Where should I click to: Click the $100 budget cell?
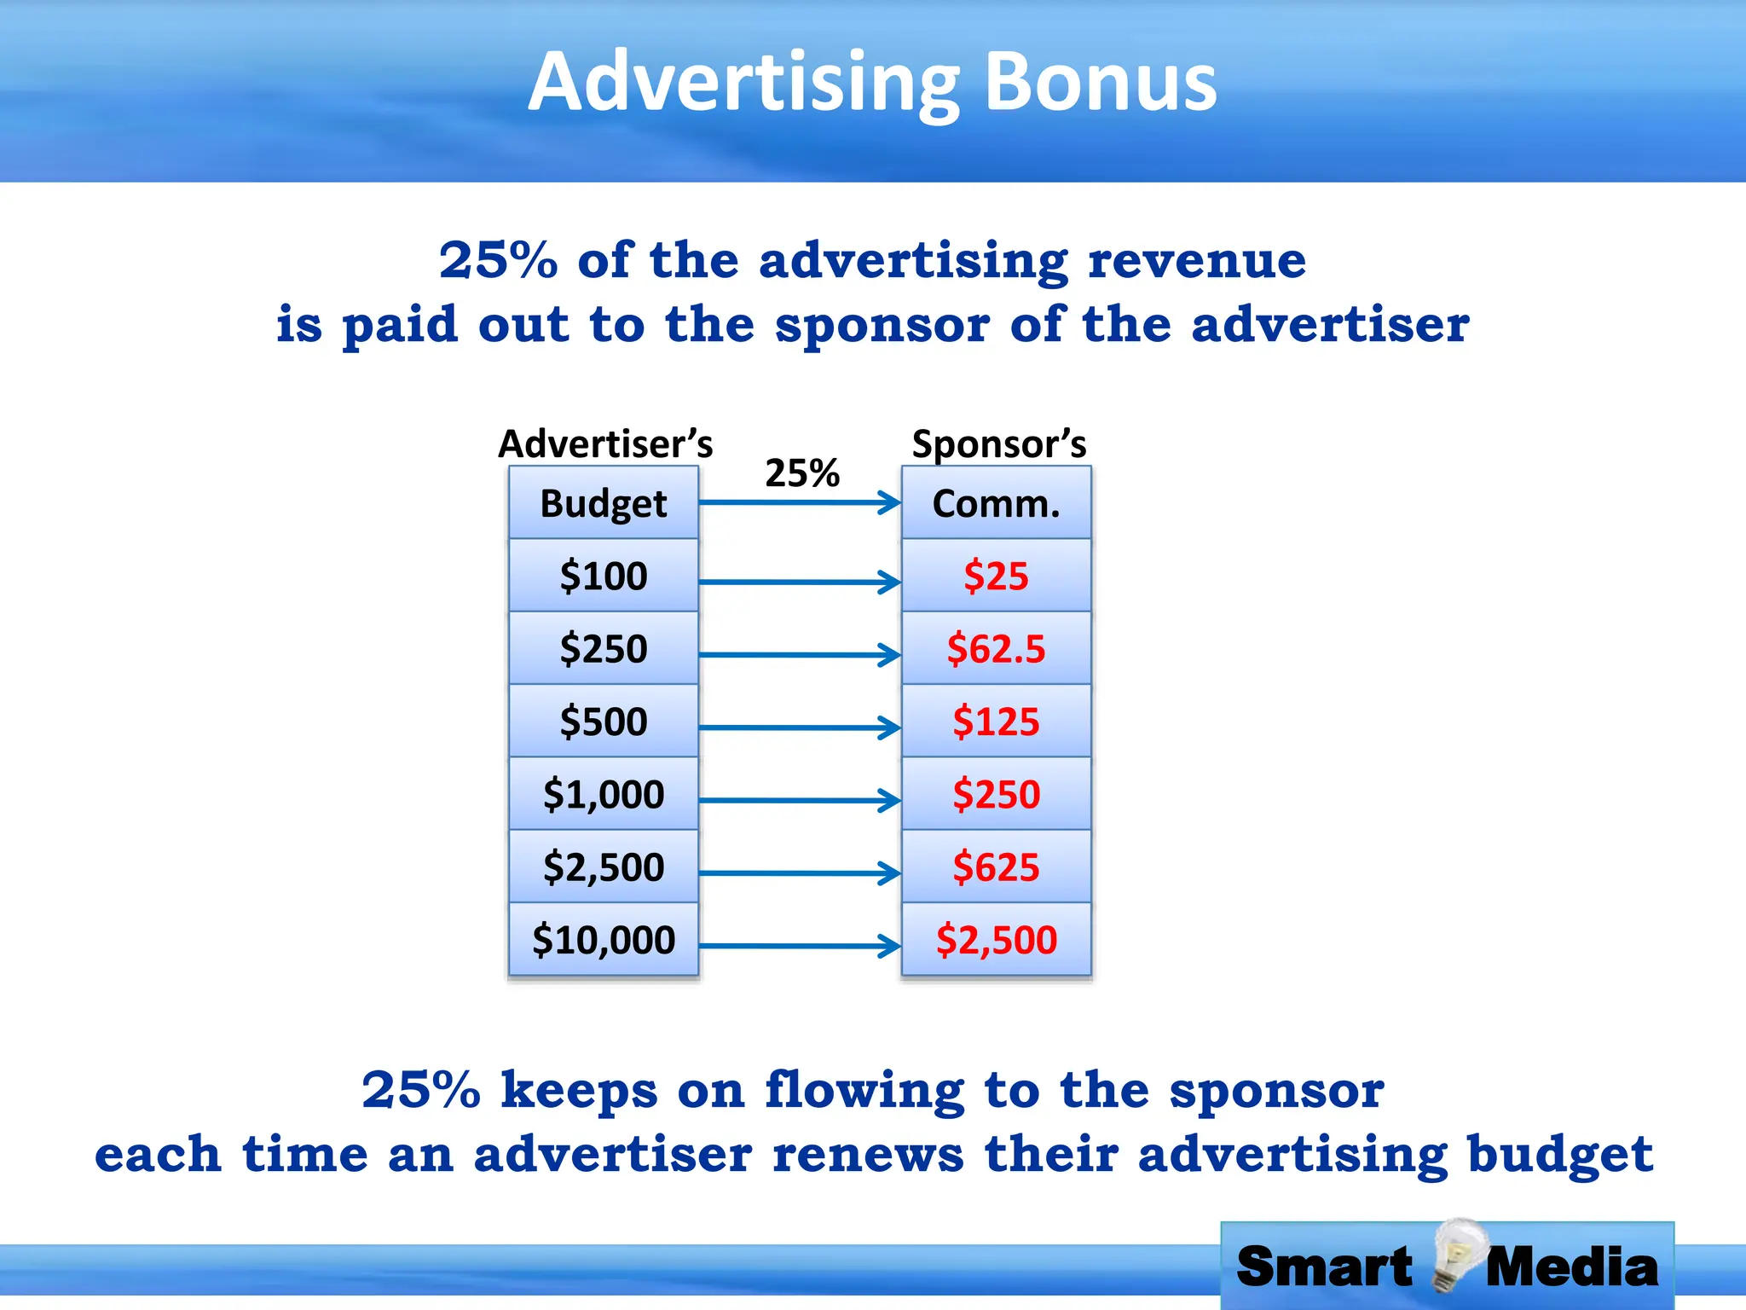[x=604, y=576]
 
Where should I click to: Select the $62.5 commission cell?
[x=996, y=648]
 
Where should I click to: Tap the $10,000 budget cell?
[x=604, y=939]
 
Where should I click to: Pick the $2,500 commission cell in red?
[x=996, y=939]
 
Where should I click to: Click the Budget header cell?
[x=604, y=503]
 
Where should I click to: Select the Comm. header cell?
[x=996, y=503]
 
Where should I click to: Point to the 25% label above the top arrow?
[x=801, y=472]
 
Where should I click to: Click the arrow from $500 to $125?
[x=800, y=727]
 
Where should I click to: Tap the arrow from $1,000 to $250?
[x=800, y=800]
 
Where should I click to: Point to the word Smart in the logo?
[x=1324, y=1267]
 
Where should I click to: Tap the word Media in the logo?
[x=1572, y=1267]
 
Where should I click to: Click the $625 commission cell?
[x=996, y=867]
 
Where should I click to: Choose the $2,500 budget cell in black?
[x=604, y=867]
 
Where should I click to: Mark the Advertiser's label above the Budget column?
[x=605, y=443]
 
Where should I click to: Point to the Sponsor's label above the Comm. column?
[x=999, y=443]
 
